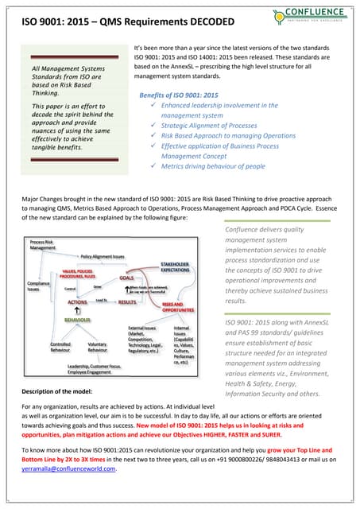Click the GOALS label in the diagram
point(126,278)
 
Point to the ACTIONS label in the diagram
point(76,302)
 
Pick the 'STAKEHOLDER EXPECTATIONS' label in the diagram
point(175,266)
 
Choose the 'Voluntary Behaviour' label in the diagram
point(98,347)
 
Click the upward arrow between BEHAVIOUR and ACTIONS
point(72,311)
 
